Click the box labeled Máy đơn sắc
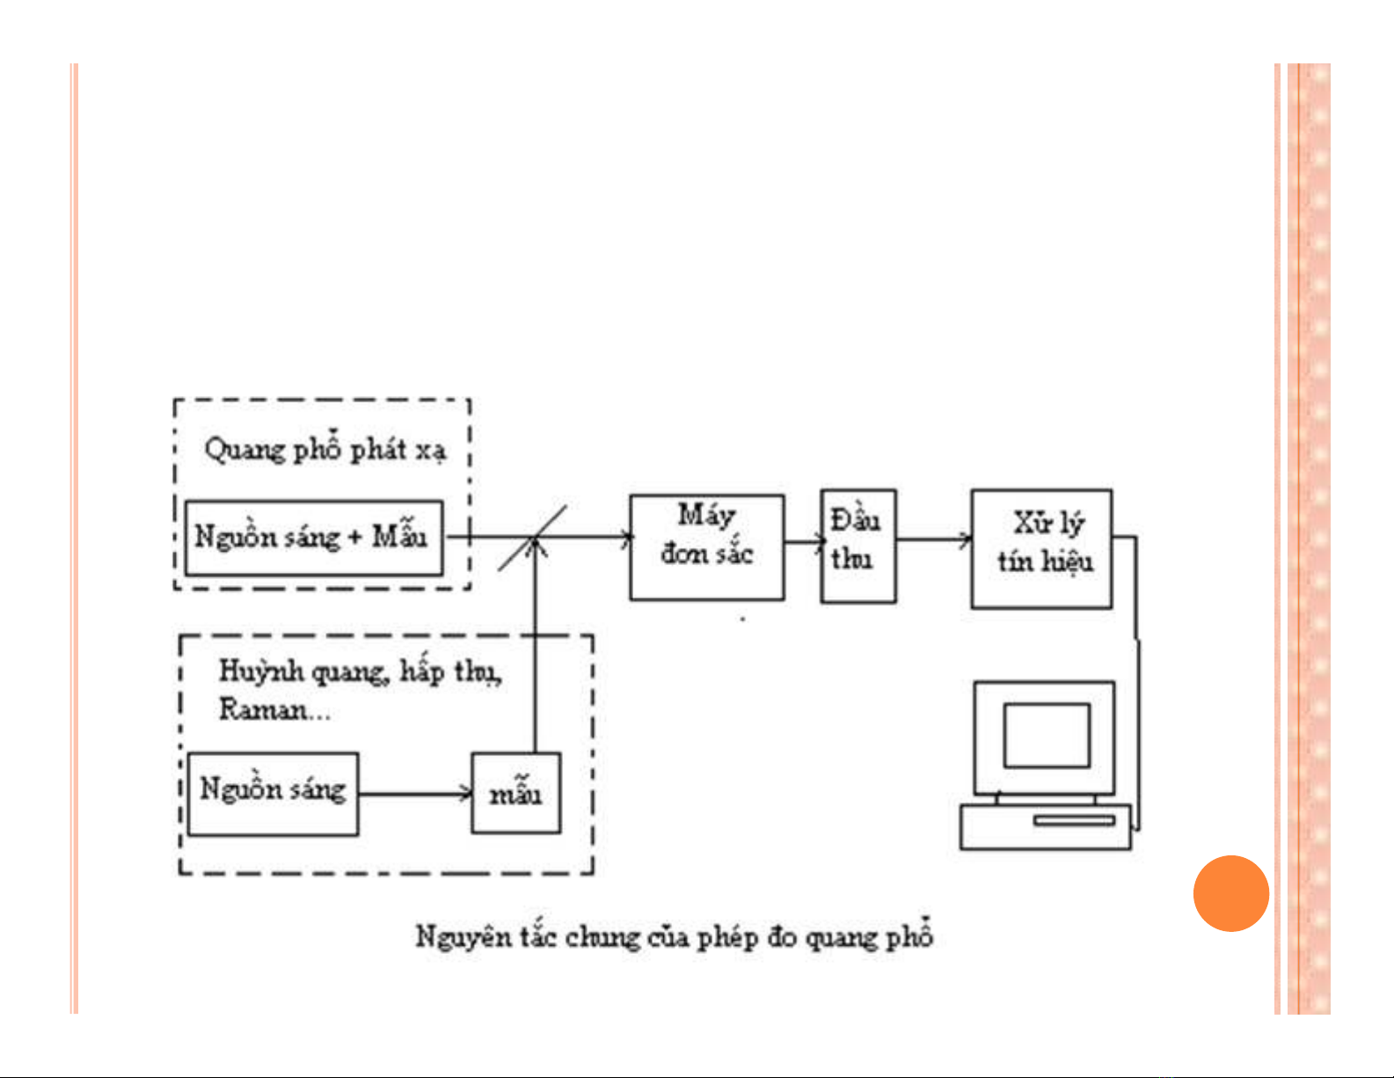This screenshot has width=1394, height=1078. click(x=706, y=547)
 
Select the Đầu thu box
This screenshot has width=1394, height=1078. click(x=858, y=546)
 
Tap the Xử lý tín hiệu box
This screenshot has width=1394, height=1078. click(x=1041, y=549)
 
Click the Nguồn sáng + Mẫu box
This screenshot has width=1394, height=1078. click(x=313, y=538)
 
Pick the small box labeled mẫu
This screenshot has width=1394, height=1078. click(x=516, y=793)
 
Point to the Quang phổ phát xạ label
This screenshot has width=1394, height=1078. click(x=325, y=450)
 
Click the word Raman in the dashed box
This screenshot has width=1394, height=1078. click(x=263, y=709)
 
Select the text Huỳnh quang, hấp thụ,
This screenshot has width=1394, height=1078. click(x=360, y=671)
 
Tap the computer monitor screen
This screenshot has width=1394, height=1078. click(x=1046, y=736)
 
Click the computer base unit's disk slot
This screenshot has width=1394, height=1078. click(x=1073, y=820)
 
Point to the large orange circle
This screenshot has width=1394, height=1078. click(x=1230, y=893)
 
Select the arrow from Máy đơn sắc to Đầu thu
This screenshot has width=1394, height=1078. click(x=802, y=542)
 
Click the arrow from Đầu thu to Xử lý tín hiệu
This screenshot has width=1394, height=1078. click(x=933, y=539)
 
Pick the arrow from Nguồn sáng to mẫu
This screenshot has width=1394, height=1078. click(x=415, y=794)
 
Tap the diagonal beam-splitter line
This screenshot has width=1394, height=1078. click(x=532, y=539)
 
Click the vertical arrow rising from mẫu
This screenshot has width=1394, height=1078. click(x=535, y=651)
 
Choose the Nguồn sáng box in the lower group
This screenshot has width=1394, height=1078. click(x=273, y=793)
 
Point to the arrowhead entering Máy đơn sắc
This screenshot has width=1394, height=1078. click(x=626, y=537)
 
